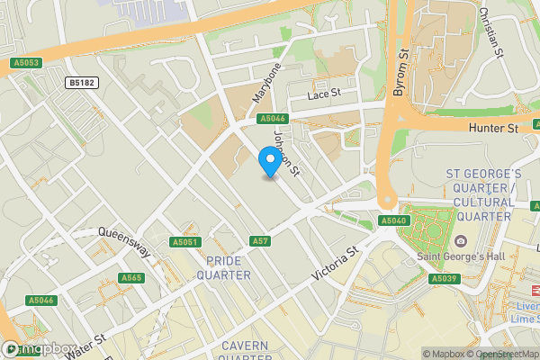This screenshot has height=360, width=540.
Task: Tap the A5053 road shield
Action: tap(27, 63)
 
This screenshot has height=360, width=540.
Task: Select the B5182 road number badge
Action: tap(81, 82)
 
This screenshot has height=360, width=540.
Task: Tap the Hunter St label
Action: tap(493, 129)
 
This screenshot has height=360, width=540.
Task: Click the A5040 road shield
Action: tap(393, 220)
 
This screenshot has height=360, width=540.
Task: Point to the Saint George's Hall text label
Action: tap(460, 256)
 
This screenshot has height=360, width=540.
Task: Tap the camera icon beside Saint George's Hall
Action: tap(460, 241)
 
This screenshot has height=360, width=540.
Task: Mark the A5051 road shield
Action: tap(184, 242)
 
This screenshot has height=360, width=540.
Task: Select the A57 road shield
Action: tap(260, 241)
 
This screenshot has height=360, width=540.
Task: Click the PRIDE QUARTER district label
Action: tap(229, 267)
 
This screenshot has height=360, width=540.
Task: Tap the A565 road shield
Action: tap(131, 278)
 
